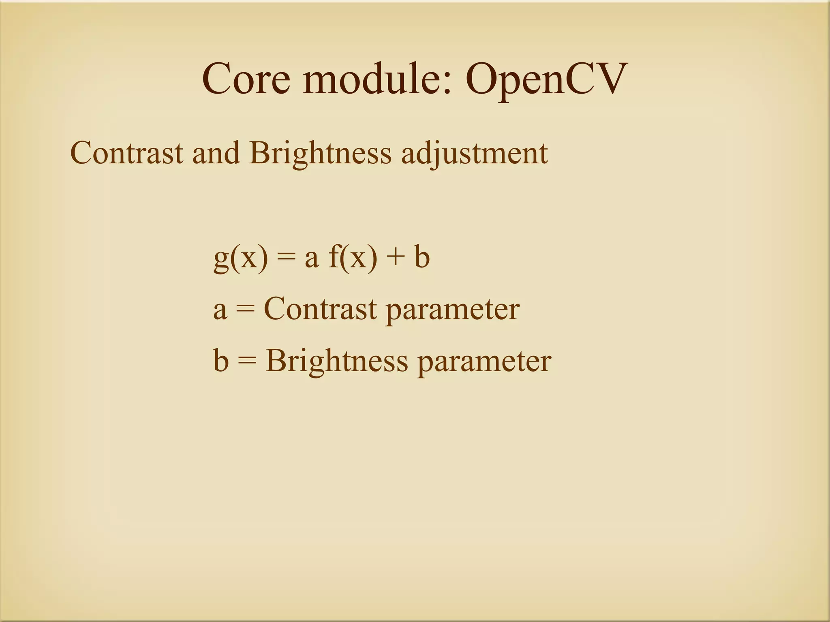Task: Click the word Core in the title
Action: tap(246, 79)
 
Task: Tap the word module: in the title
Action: tap(377, 79)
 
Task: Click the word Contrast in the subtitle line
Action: tap(126, 153)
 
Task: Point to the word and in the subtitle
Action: tap(216, 153)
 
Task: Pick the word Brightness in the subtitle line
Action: tap(321, 153)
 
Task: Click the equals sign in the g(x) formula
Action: tap(285, 259)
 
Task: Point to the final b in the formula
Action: tap(421, 257)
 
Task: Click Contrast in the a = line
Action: tap(320, 309)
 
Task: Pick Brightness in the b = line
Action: tap(337, 361)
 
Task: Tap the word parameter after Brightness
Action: tap(484, 362)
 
